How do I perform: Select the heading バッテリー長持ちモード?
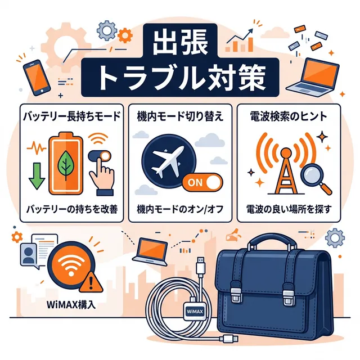(71, 117)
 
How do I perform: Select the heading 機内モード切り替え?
(179, 117)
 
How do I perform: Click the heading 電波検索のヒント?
(287, 117)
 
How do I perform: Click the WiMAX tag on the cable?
(194, 310)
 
